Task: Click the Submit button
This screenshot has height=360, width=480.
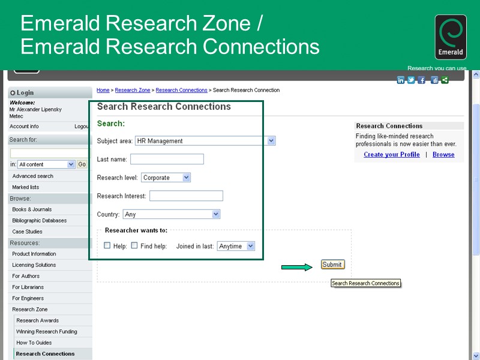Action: click(x=332, y=265)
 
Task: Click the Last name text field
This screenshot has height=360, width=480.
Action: click(x=167, y=159)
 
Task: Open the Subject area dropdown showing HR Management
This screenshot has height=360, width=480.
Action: click(x=205, y=141)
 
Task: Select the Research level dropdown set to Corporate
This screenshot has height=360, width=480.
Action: click(x=166, y=178)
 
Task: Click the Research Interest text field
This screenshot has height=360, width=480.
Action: click(x=186, y=196)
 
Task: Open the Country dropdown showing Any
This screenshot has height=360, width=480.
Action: click(x=171, y=214)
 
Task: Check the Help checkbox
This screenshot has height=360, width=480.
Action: click(x=107, y=245)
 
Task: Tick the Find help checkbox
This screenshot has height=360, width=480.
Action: click(x=134, y=245)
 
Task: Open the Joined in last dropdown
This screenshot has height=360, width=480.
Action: click(x=236, y=246)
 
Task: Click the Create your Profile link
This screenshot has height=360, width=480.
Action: click(x=392, y=155)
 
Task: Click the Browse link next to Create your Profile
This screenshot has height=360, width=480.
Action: click(x=443, y=155)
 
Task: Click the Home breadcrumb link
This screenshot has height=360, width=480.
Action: click(x=103, y=91)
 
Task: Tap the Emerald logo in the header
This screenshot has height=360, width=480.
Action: click(x=450, y=37)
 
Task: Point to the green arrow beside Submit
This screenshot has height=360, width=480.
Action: click(x=297, y=267)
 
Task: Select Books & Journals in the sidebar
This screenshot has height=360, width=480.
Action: click(x=32, y=209)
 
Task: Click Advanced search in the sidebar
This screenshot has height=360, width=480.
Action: click(x=32, y=176)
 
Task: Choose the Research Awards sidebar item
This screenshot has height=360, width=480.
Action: click(x=37, y=320)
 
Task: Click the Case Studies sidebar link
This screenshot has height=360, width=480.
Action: click(x=27, y=232)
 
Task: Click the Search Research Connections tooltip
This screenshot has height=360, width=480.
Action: click(x=365, y=283)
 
